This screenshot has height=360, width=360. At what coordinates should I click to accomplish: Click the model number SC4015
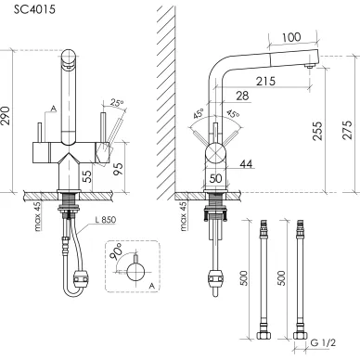tap(34, 9)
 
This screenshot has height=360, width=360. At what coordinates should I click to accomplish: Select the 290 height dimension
tap(6, 116)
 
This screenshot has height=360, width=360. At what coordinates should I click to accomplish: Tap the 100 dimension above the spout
tap(291, 37)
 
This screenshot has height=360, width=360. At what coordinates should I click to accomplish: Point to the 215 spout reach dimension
tap(265, 81)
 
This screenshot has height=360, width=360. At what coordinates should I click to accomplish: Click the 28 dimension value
tap(242, 96)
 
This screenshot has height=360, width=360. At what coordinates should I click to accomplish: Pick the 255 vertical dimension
tap(317, 131)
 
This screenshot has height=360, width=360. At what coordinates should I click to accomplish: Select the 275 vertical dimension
tap(348, 130)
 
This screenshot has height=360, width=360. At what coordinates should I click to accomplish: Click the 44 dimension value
tap(246, 163)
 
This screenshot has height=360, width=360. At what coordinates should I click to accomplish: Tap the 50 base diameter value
tap(215, 178)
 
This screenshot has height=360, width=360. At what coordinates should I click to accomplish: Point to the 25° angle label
tap(116, 103)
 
